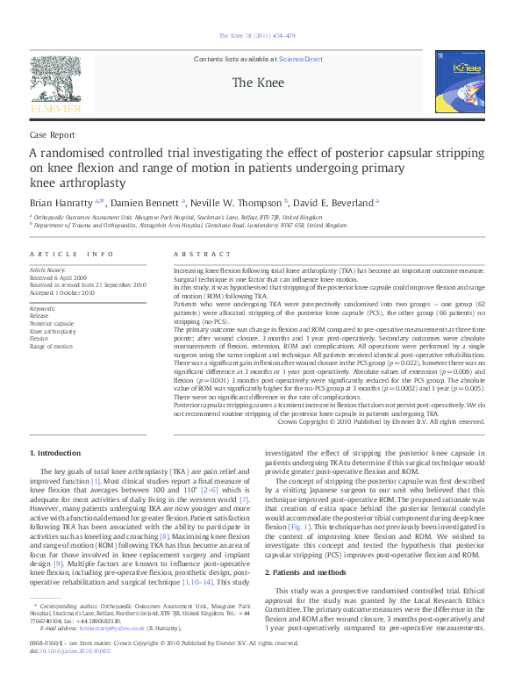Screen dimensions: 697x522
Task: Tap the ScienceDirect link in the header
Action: pyautogui.click(x=301, y=60)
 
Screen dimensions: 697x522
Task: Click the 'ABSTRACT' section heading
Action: pyautogui.click(x=197, y=254)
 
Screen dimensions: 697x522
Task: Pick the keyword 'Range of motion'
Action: pyautogui.click(x=51, y=347)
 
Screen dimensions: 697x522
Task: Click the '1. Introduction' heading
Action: pyautogui.click(x=56, y=452)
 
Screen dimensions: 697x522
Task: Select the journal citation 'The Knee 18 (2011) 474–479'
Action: pyautogui.click(x=261, y=35)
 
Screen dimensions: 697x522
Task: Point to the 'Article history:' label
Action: pyautogui.click(x=48, y=271)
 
